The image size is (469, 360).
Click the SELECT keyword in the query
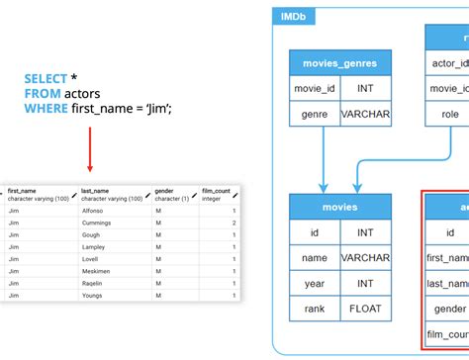(x=46, y=78)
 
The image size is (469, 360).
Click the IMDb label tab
(x=293, y=16)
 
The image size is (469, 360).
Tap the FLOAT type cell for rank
(x=366, y=307)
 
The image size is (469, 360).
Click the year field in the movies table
(x=315, y=282)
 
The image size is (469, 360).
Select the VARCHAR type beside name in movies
(x=366, y=258)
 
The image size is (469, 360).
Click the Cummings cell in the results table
(x=97, y=224)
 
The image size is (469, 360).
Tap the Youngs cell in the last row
(x=94, y=294)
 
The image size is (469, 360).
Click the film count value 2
(x=234, y=224)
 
